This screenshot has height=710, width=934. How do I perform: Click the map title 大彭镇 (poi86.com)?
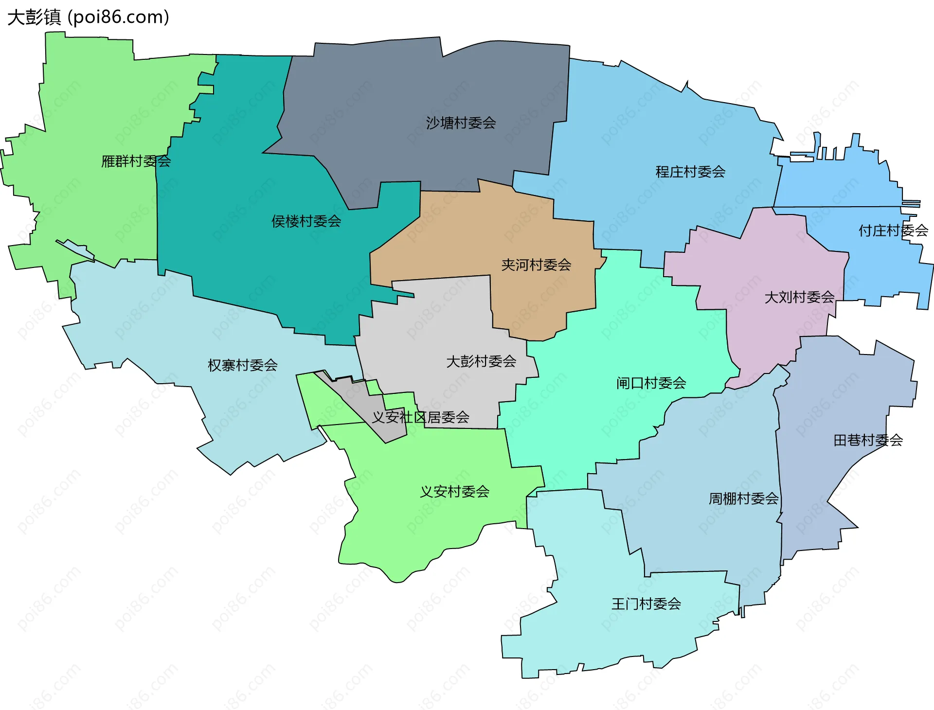tap(88, 17)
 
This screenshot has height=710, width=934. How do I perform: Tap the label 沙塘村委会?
tap(461, 123)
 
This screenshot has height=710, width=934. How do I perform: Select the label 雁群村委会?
tap(136, 161)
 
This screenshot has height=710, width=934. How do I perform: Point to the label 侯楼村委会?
tap(306, 221)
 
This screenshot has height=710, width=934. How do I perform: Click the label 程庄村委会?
tap(690, 172)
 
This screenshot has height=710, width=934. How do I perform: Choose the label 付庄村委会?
tap(893, 231)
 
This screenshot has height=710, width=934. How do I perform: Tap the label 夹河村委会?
tap(536, 265)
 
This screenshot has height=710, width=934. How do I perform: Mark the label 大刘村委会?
tap(799, 297)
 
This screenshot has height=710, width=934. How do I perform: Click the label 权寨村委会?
tap(242, 365)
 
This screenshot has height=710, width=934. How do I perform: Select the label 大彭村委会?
tap(481, 361)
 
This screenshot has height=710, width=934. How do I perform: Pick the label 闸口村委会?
tap(651, 383)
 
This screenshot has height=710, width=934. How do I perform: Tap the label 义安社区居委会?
tap(420, 417)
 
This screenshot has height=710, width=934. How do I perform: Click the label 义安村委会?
tap(454, 492)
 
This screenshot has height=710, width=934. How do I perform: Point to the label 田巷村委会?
tap(868, 440)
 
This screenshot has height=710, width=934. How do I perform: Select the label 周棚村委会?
tap(743, 498)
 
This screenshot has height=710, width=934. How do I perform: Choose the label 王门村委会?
tap(646, 604)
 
